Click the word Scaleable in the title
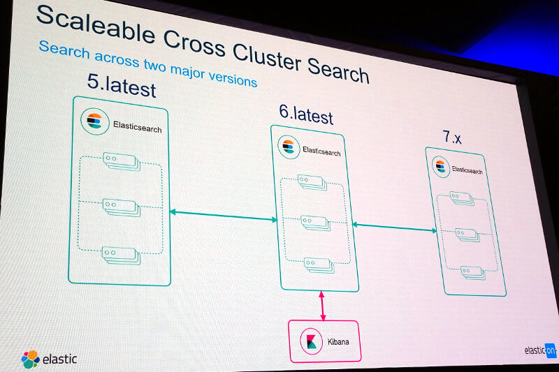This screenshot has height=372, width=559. coord(96,26)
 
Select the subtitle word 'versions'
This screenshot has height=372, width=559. coord(233,78)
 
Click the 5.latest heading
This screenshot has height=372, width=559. coord(122,86)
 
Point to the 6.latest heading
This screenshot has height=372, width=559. coord(306,114)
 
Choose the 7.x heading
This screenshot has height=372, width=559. coord(451,137)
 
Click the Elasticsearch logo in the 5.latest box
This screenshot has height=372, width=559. coord(94,121)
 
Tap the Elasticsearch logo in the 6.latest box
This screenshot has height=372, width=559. coord(289,147)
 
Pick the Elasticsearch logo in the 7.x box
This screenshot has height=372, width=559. coord(441,166)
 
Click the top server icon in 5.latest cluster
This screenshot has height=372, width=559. coord(122,161)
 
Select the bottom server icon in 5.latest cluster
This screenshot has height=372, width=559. coord(121,255)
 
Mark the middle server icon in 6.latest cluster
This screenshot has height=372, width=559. coord(316,223)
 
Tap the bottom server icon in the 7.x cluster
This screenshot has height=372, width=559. coord(473,273)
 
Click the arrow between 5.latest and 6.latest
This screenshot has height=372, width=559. coord(223,216)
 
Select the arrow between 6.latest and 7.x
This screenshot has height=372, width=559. coord(394,228)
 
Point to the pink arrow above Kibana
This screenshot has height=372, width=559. coord(322,306)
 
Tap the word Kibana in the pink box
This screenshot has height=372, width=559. coord(338,342)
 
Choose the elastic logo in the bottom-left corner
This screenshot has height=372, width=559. coord(49,359)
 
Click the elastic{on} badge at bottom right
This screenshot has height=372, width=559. coord(539,350)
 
